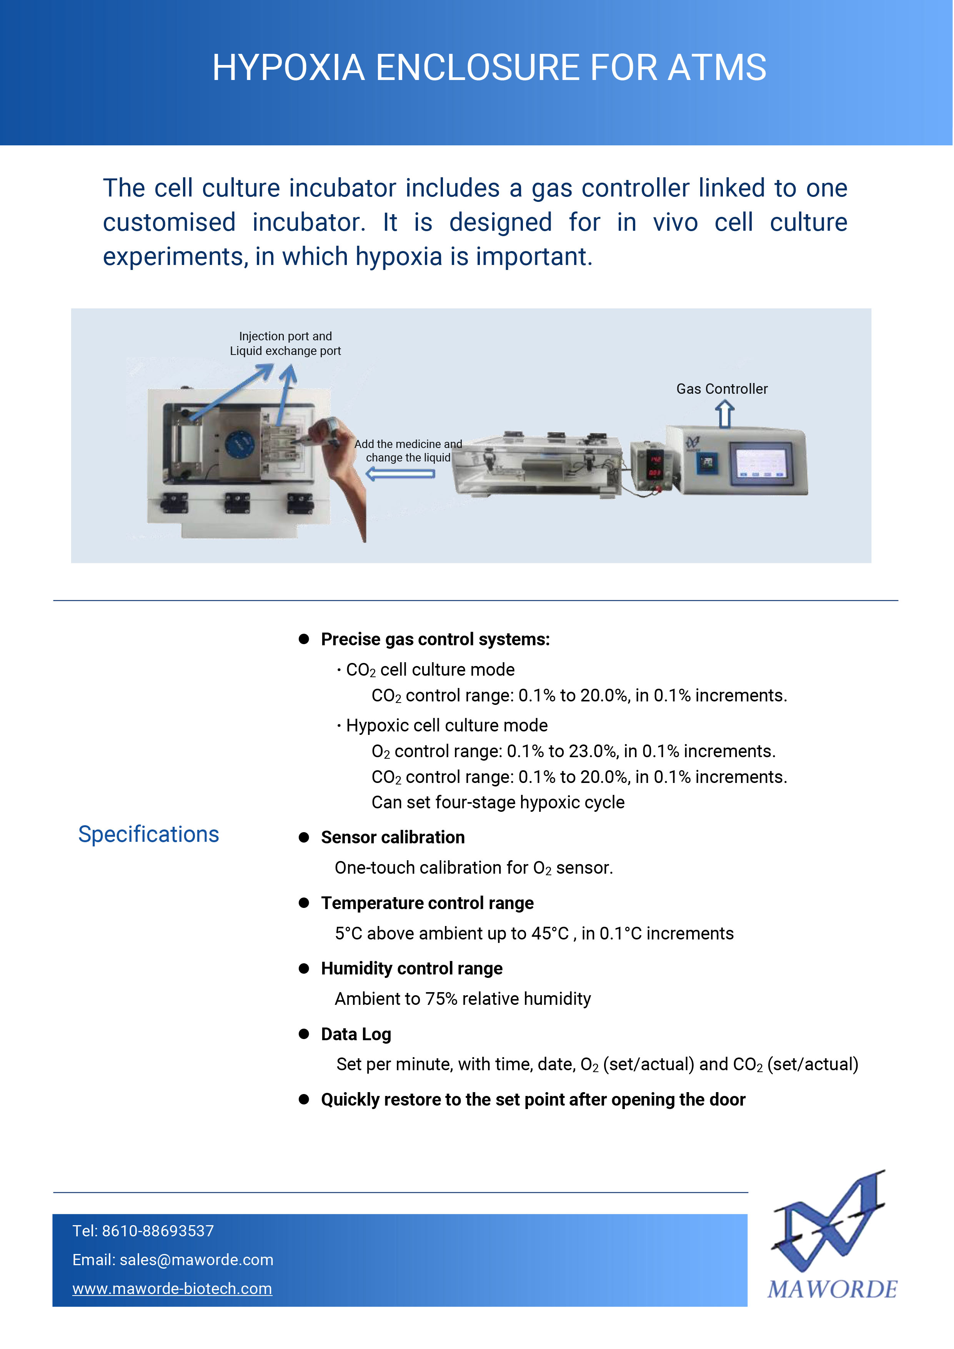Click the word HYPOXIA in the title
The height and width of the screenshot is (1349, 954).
pos(288,68)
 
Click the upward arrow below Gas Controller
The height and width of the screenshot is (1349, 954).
pos(724,414)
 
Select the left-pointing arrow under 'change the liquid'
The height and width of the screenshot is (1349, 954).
pos(400,473)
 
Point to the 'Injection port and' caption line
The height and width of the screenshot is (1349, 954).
pos(285,336)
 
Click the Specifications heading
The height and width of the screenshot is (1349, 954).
pos(149,834)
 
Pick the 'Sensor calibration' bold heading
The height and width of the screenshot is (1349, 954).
pos(393,837)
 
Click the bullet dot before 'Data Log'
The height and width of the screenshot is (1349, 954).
pos(304,1034)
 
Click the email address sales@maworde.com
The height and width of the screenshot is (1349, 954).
pos(196,1260)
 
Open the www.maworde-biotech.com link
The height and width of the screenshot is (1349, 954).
pos(172,1289)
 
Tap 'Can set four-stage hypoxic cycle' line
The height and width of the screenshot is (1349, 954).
pos(498,802)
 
